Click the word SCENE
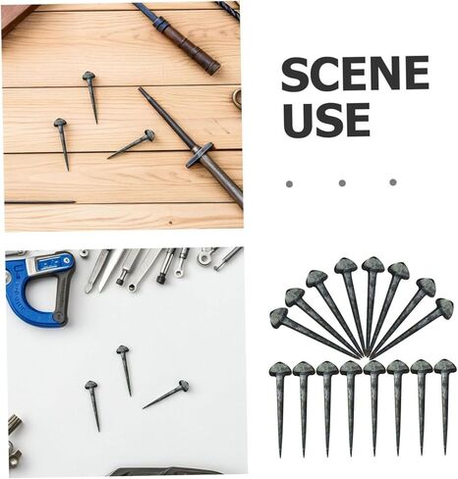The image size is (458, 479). tap(355, 74)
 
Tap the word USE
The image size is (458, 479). tap(325, 120)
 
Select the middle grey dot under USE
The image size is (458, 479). tap(342, 184)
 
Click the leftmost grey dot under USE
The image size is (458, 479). tap(289, 184)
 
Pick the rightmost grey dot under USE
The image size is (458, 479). tap(393, 183)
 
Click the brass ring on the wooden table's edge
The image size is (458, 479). tap(237, 98)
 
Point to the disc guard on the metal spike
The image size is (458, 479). tap(199, 155)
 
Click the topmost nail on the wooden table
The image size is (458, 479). tap(90, 95)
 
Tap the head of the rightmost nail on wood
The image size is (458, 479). tap(149, 134)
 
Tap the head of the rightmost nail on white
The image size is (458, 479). tap(184, 385)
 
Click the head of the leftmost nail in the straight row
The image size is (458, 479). tap(280, 369)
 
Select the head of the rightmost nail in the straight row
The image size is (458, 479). tap(445, 366)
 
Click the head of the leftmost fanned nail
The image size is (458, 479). tap(278, 318)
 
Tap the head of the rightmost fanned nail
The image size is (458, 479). tap(445, 306)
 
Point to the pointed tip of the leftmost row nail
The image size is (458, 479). tap(280, 456)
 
